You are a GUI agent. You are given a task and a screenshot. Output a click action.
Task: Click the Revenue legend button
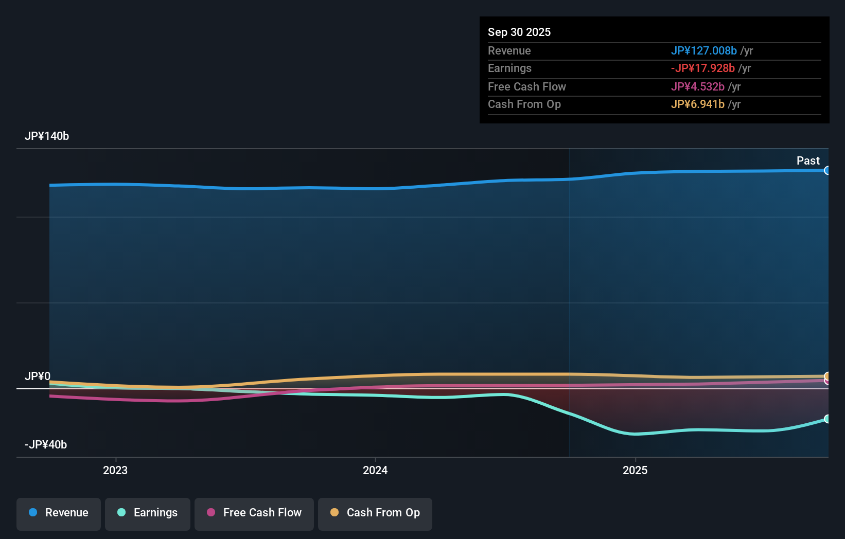(x=59, y=513)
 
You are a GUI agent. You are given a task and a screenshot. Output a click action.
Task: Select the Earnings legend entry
(x=148, y=513)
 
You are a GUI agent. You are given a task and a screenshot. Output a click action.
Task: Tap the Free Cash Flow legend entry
(x=254, y=513)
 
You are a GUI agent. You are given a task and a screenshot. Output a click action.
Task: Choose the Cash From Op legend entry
(x=375, y=513)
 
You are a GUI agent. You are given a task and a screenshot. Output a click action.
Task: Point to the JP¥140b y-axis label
(x=47, y=136)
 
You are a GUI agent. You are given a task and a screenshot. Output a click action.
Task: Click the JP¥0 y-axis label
(x=38, y=376)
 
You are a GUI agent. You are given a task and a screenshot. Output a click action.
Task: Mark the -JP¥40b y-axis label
(x=46, y=445)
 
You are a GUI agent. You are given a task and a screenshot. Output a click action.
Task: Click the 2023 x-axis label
(x=115, y=471)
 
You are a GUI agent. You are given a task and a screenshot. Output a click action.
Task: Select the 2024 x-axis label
(x=375, y=471)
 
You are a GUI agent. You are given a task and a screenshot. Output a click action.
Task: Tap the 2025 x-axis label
(x=635, y=471)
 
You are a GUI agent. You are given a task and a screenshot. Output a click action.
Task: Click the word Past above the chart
(x=808, y=161)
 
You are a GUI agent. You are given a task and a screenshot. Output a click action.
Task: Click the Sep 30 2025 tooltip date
(x=519, y=32)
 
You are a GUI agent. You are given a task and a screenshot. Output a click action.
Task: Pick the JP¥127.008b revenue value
(x=703, y=51)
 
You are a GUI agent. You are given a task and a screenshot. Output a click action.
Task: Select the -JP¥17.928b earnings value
(x=702, y=68)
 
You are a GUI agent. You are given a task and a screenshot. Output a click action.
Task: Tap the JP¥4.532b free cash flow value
(x=697, y=87)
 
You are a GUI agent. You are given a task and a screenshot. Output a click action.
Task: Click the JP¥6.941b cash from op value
(x=697, y=104)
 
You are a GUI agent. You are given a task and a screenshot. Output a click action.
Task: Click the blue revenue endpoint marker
(x=827, y=171)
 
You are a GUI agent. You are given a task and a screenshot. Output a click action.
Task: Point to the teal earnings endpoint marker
(x=827, y=419)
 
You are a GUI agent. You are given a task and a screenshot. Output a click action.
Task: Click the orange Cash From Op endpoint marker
(x=827, y=376)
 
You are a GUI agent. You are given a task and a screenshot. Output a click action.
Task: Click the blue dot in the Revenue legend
(x=33, y=513)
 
